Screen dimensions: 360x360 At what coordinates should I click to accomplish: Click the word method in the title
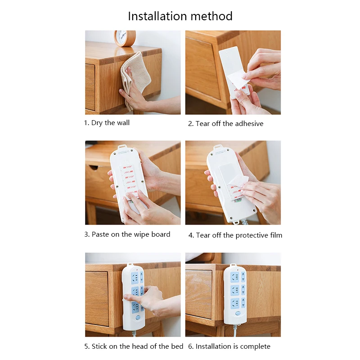(211, 16)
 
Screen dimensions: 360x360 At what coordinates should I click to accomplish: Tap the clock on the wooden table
(125, 38)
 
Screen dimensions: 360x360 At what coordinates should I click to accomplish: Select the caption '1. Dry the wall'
(107, 123)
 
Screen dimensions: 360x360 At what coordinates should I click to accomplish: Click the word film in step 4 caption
(276, 235)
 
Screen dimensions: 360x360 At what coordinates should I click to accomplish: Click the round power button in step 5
(138, 318)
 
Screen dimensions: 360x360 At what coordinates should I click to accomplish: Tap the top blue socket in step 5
(135, 277)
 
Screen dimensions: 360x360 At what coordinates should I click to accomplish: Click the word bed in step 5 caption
(177, 346)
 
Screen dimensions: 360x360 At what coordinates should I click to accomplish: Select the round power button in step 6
(238, 313)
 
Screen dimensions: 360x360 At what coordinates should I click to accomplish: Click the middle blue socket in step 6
(234, 290)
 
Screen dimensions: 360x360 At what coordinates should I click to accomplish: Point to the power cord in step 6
(235, 331)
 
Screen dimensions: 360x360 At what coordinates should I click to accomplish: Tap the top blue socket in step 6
(234, 277)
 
